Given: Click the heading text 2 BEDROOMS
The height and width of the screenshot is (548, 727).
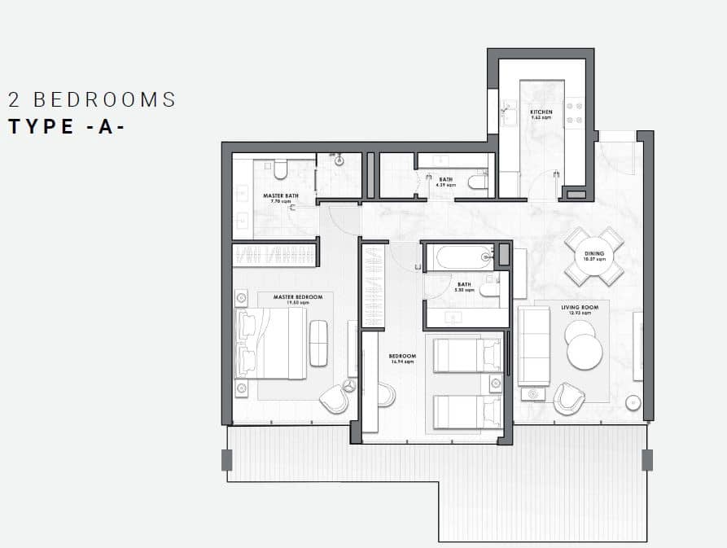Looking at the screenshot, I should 92,100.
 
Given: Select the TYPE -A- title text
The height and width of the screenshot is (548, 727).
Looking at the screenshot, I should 67,127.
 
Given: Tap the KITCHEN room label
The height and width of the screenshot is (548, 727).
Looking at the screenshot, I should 541,112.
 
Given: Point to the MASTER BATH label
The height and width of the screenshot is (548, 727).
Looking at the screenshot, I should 278,196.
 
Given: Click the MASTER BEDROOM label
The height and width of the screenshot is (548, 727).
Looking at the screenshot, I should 298,297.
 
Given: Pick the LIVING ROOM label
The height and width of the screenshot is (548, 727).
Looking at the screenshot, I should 580,307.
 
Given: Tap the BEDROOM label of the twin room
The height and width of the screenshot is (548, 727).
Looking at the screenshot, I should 402,357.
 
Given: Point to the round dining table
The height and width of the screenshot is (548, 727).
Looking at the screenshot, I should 594,256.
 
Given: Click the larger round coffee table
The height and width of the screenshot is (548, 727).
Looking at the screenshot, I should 585,353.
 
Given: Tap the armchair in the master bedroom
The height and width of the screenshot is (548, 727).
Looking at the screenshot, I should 334,397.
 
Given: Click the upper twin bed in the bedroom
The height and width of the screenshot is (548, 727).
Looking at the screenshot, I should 466,355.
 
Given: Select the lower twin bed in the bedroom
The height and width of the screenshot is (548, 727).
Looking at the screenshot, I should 466,411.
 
